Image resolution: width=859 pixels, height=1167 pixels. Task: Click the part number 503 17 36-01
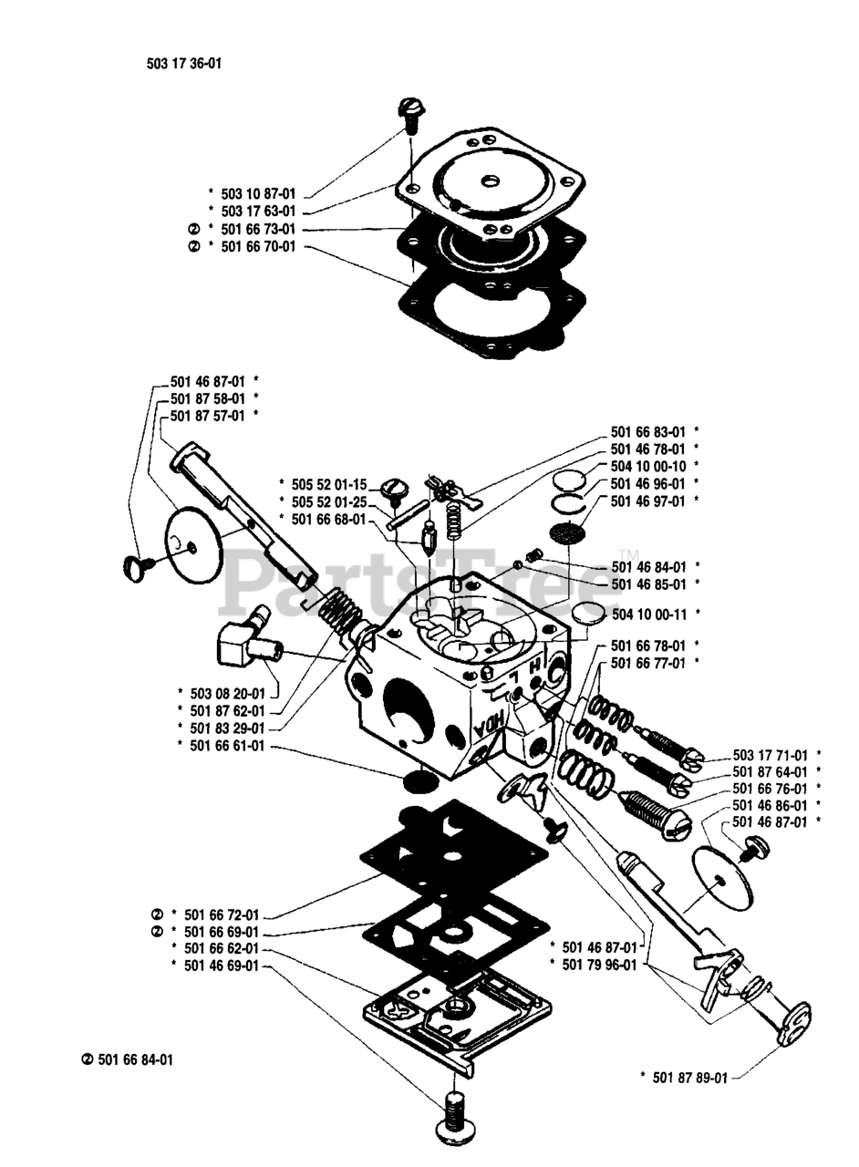[x=183, y=64]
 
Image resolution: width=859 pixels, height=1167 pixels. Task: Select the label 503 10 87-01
[x=258, y=194]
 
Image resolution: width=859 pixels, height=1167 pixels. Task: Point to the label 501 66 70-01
[x=258, y=246]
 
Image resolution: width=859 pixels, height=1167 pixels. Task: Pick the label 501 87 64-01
[x=771, y=772]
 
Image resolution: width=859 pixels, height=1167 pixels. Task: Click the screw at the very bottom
[x=453, y=1114]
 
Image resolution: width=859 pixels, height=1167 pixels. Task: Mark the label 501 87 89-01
[x=690, y=1078]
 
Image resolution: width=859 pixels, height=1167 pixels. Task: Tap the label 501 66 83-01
[x=647, y=431]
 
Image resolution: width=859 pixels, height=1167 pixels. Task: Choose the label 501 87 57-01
[x=207, y=416]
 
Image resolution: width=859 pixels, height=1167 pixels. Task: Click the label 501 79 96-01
[x=600, y=963]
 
